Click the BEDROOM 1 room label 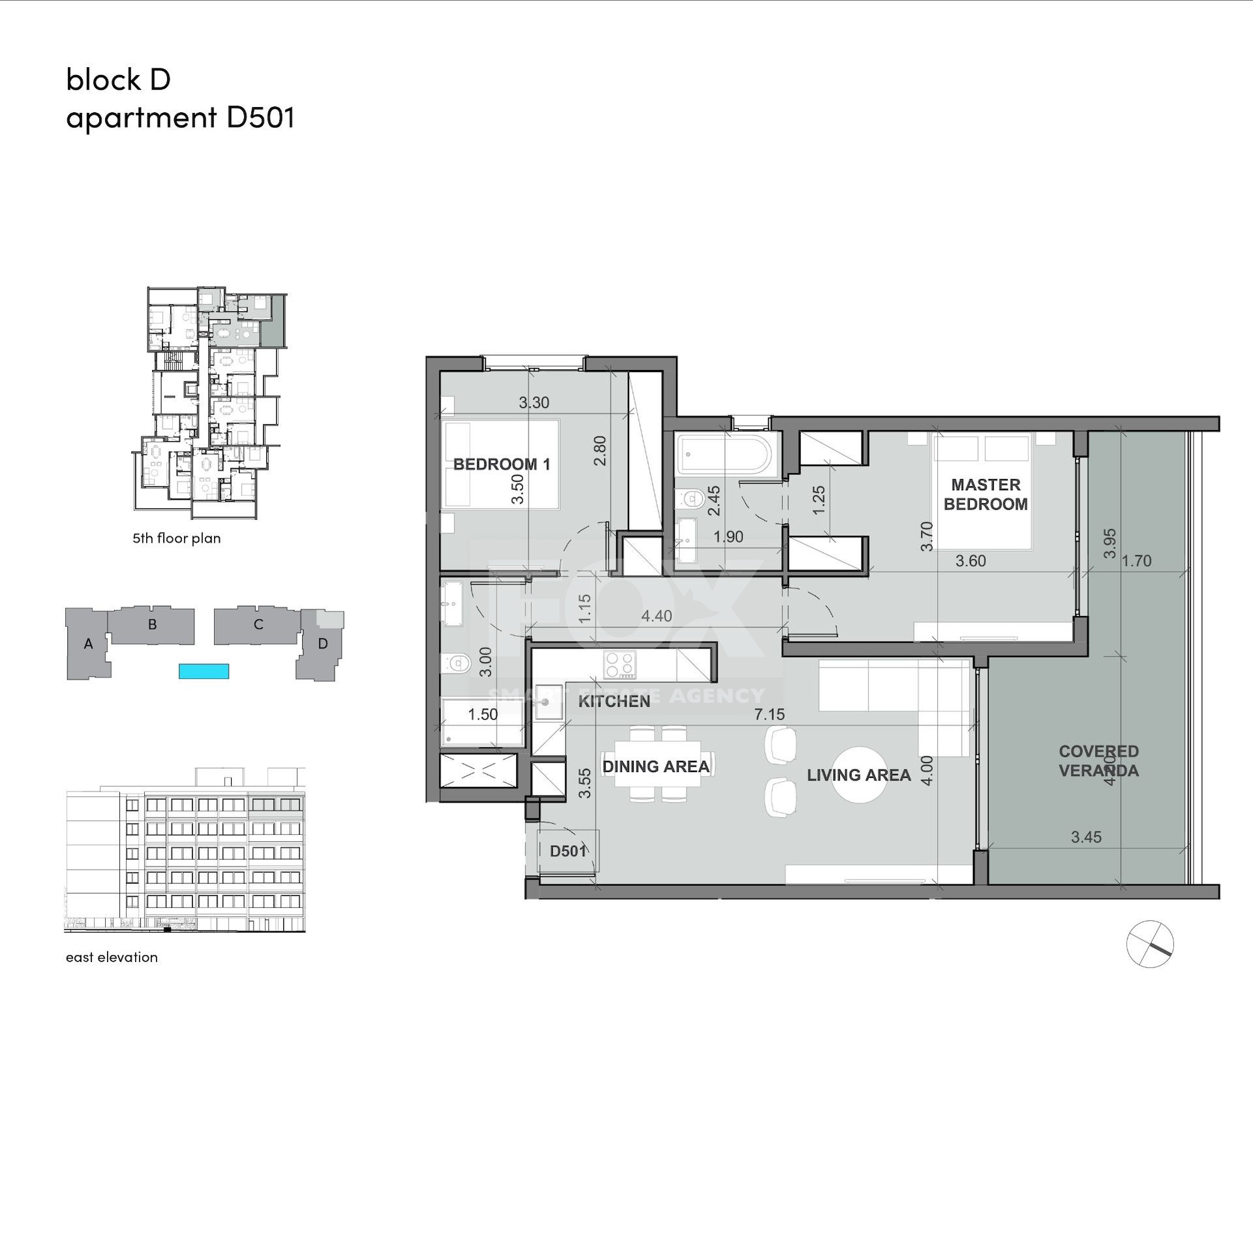[x=502, y=464]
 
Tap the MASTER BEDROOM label [x=985, y=494]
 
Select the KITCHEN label [x=614, y=702]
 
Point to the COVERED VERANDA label [x=1098, y=761]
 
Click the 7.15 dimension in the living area [x=769, y=715]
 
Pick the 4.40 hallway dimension [x=657, y=616]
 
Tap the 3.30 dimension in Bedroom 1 [x=534, y=403]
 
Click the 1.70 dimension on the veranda [x=1136, y=561]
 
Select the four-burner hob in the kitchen [x=619, y=666]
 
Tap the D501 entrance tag [x=568, y=851]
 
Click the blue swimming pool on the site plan [x=204, y=671]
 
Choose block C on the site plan [x=257, y=625]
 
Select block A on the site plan [x=88, y=645]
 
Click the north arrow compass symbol [x=1150, y=944]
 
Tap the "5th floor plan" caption [x=177, y=538]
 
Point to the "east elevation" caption [x=112, y=957]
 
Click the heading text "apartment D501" [x=181, y=118]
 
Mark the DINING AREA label [x=656, y=766]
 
